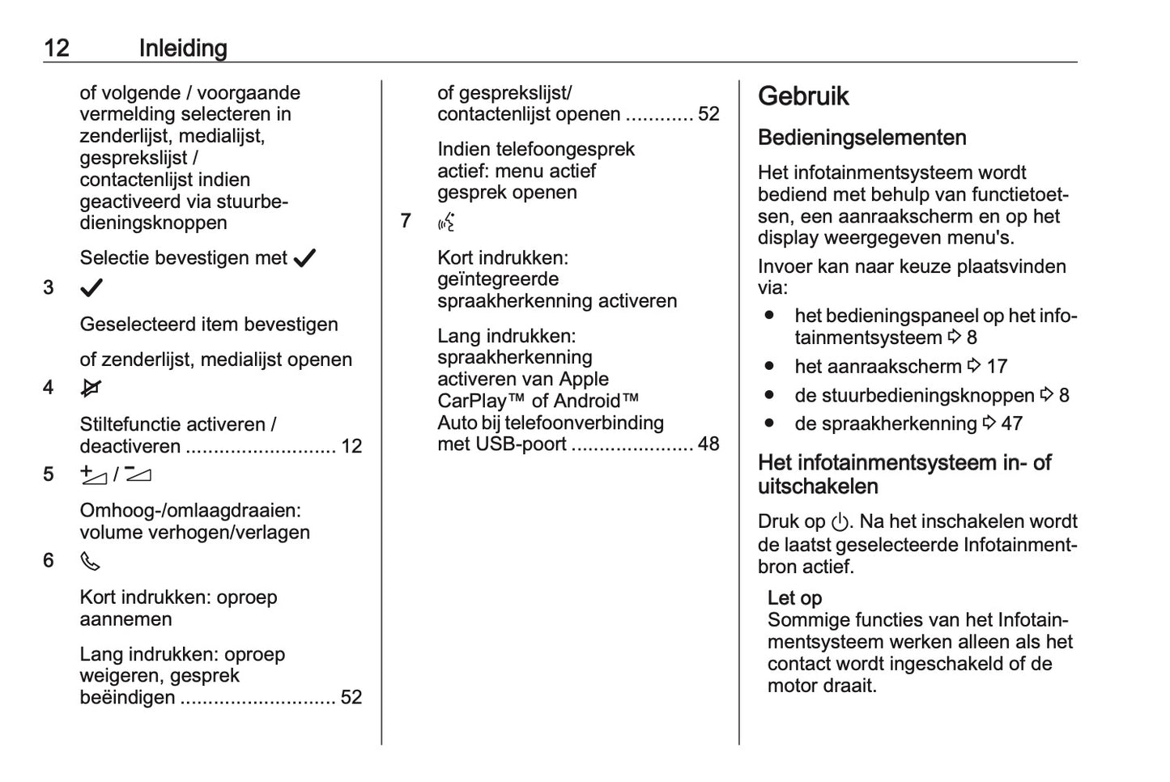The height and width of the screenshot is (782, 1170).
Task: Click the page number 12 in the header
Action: [57, 49]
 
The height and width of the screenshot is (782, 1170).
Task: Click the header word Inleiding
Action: [183, 49]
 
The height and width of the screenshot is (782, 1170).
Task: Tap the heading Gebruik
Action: [803, 96]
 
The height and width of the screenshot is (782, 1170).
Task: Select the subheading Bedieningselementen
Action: [862, 138]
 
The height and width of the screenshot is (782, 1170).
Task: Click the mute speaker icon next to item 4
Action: [91, 389]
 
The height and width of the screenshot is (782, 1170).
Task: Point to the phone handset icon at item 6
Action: [90, 561]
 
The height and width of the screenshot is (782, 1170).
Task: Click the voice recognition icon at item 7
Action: [446, 222]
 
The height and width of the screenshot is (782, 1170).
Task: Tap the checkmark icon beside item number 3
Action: [91, 288]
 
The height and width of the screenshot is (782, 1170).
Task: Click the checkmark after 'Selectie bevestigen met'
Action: [304, 259]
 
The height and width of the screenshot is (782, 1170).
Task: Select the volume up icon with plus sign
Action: [93, 475]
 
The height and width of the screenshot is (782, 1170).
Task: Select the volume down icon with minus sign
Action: [138, 474]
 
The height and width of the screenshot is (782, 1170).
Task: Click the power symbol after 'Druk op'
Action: [840, 523]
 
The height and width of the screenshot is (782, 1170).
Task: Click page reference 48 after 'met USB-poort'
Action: [708, 444]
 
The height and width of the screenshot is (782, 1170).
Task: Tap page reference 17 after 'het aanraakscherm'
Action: [997, 367]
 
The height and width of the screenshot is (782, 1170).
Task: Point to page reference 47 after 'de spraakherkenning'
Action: [1012, 423]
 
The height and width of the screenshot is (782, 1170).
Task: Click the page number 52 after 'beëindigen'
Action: [351, 697]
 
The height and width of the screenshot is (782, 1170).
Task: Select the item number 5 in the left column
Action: [49, 474]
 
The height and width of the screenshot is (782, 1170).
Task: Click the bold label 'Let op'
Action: [794, 598]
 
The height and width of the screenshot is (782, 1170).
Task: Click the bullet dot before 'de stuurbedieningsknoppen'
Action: [769, 395]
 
